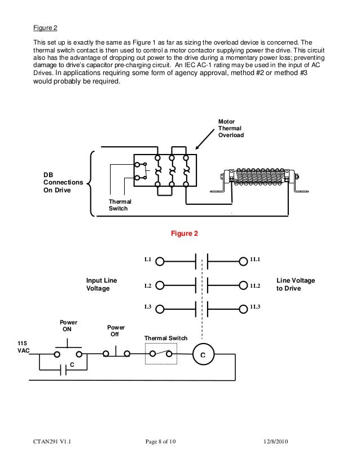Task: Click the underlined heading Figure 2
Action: pos(45,28)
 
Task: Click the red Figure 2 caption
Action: pos(185,234)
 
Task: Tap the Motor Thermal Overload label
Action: pos(231,128)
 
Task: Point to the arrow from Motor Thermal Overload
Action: pos(205,139)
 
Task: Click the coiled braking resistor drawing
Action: pos(259,177)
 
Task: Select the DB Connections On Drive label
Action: pos(63,182)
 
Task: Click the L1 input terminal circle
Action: pos(160,262)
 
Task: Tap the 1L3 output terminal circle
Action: pos(243,309)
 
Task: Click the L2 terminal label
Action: pos(148,286)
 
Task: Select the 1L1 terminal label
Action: pos(255,260)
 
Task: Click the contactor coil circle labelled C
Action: pos(203,354)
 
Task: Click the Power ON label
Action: pos(68,326)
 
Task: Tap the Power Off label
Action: pos(116,331)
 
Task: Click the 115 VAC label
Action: pos(24,347)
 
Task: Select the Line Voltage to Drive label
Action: pos(296,284)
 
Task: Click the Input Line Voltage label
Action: pos(102,284)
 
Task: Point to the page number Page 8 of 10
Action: pos(160,442)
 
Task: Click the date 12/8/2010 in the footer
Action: pos(276,442)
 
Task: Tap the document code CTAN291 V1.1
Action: pos(52,442)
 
